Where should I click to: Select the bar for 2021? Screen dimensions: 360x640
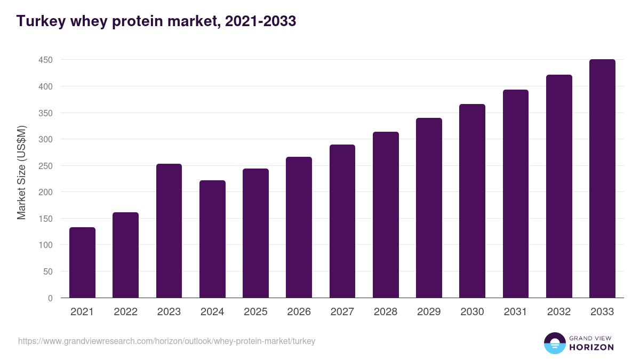[82, 262]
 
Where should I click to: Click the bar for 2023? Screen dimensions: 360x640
[169, 230]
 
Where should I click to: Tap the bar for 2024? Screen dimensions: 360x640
[212, 239]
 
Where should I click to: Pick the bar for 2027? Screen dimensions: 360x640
[342, 221]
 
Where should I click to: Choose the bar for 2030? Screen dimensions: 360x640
[472, 201]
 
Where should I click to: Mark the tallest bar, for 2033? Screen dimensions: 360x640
[602, 178]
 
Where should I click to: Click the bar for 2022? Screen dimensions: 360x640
[125, 255]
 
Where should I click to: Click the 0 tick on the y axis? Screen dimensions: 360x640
[50, 298]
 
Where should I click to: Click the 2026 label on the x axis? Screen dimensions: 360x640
[299, 312]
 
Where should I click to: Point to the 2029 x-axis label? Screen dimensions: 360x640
[429, 312]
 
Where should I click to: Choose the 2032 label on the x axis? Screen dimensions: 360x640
[559, 312]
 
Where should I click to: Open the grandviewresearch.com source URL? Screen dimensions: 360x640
[166, 341]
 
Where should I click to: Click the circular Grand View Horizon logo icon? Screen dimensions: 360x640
[554, 343]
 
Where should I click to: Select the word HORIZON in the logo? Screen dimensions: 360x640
[591, 347]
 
